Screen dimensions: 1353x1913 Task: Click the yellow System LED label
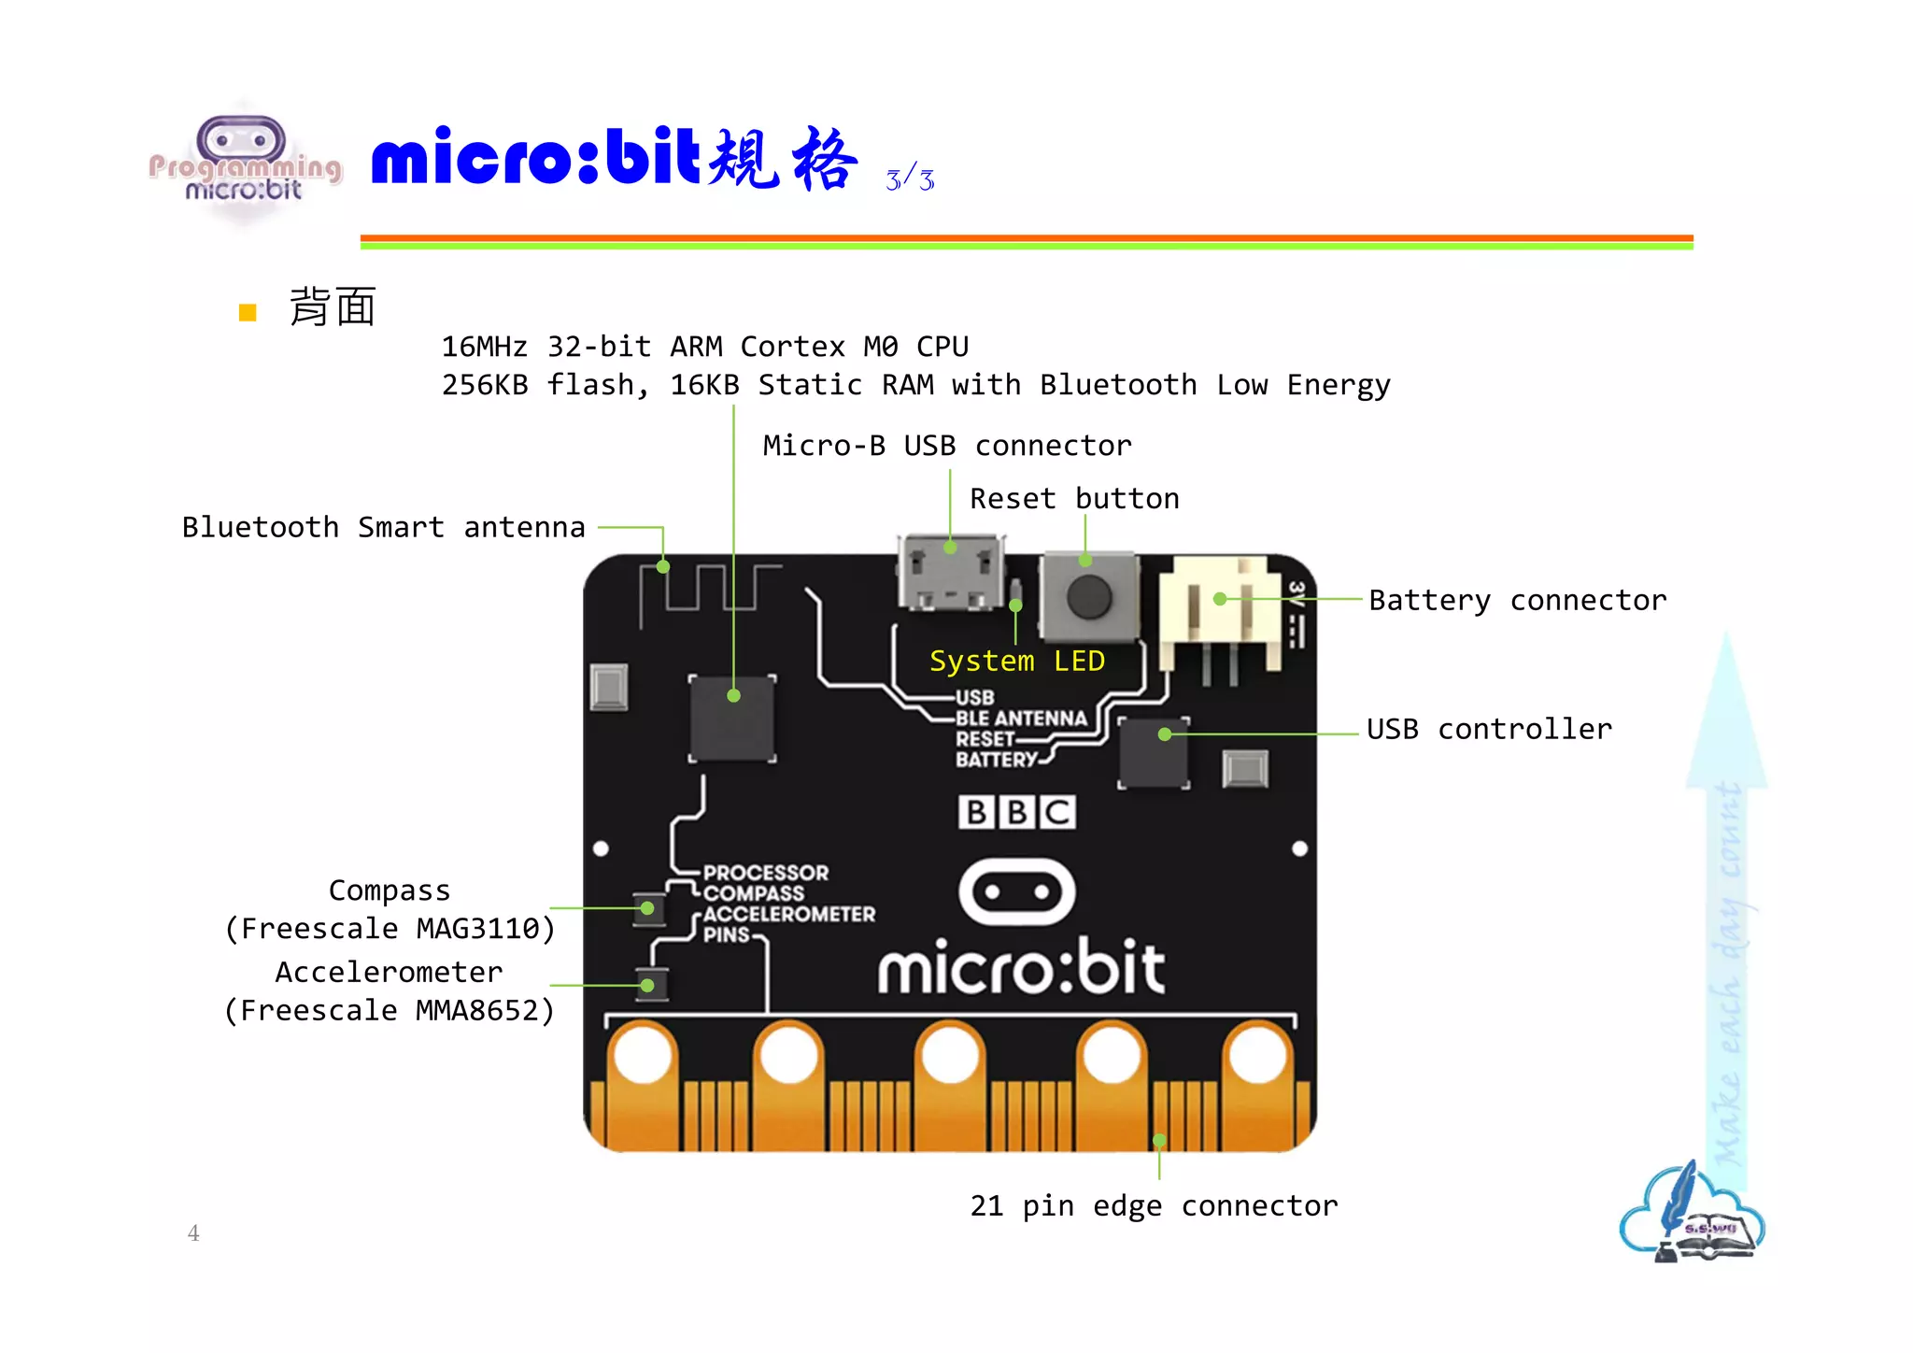(1016, 662)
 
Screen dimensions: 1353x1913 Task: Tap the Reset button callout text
(1074, 499)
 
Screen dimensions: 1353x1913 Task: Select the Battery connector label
(1517, 600)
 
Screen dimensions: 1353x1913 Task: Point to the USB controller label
(1489, 729)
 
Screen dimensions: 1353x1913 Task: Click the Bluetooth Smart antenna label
(383, 527)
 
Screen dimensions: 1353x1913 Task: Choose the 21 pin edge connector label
(1154, 1205)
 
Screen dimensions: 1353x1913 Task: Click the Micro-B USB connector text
(947, 446)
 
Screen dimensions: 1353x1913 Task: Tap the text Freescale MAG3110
(390, 929)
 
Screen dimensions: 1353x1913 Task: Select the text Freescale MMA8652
(390, 1010)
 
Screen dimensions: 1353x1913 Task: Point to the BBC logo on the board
(1016, 812)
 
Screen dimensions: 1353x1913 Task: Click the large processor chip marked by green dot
(732, 718)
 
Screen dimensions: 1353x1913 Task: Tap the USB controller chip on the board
(1154, 752)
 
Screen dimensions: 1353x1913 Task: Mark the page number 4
(193, 1233)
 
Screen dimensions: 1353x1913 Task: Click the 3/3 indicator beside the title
(910, 178)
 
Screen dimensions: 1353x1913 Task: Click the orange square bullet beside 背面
(248, 312)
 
